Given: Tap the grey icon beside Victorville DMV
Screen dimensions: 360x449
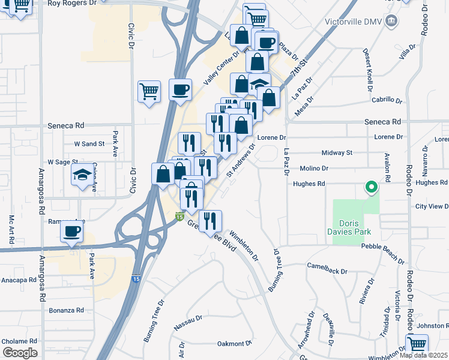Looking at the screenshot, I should point(392,22).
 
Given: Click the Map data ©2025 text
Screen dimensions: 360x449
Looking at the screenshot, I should point(423,355).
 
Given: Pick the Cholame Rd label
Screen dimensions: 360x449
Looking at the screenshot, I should point(19,341).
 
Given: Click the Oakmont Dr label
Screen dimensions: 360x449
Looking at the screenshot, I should point(234,344).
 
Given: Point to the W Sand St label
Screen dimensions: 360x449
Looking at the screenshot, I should point(89,144).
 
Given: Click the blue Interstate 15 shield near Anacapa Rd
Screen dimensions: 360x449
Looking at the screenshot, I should point(136,279).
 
